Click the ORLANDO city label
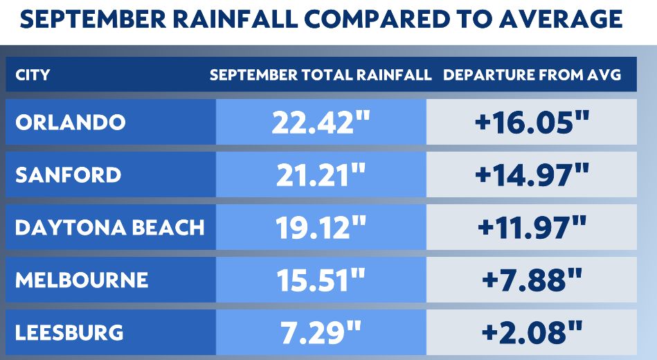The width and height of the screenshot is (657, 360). click(70, 123)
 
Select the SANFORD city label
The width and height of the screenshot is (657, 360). click(68, 174)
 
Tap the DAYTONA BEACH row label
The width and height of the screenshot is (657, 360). click(109, 227)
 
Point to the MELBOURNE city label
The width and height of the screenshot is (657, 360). click(82, 280)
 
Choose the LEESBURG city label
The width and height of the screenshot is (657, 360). click(69, 332)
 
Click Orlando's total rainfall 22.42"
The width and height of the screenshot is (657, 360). click(321, 123)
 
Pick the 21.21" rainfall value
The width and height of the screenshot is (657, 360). click(321, 174)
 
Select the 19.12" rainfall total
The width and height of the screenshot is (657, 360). click(321, 227)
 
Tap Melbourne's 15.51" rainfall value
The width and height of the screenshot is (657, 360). click(321, 280)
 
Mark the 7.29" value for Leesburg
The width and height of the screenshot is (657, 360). click(321, 332)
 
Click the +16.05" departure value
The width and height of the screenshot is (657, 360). click(532, 123)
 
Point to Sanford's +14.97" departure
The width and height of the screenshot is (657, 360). click(532, 174)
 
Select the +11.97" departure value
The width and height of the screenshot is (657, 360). click(532, 227)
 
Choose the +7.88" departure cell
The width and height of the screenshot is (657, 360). click(532, 280)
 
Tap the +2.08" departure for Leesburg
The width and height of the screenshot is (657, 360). click(532, 332)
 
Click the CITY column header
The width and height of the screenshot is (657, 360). click(33, 75)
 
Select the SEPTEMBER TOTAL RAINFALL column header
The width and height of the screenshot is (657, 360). click(321, 75)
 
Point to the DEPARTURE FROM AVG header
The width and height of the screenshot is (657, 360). click(532, 75)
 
